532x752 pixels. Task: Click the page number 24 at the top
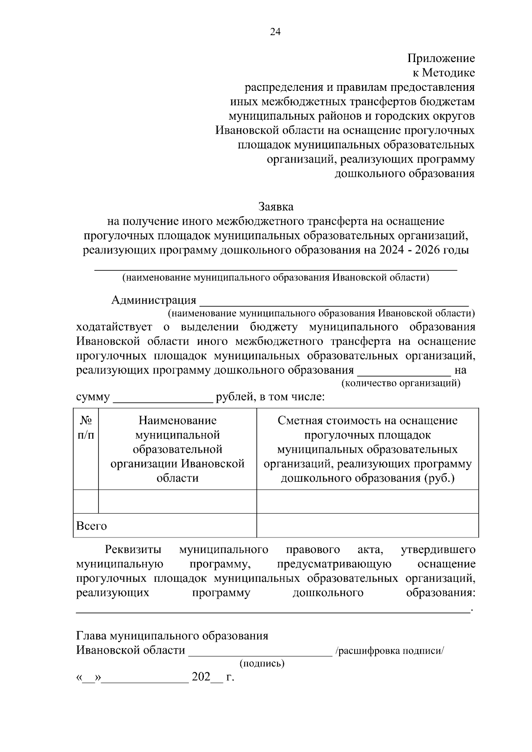275,32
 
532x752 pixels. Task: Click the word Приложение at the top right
441,58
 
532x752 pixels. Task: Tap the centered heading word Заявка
276,207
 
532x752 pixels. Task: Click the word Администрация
153,300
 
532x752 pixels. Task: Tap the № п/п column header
86,428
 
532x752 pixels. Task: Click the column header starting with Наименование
177,449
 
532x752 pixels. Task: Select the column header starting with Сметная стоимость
368,449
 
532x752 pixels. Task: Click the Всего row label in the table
92,526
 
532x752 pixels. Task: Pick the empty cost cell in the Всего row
368,526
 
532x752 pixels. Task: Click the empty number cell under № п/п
86,502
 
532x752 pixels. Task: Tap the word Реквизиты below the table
133,550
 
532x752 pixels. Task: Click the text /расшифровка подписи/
390,651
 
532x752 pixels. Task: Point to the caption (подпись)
262,663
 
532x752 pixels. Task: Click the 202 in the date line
201,677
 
